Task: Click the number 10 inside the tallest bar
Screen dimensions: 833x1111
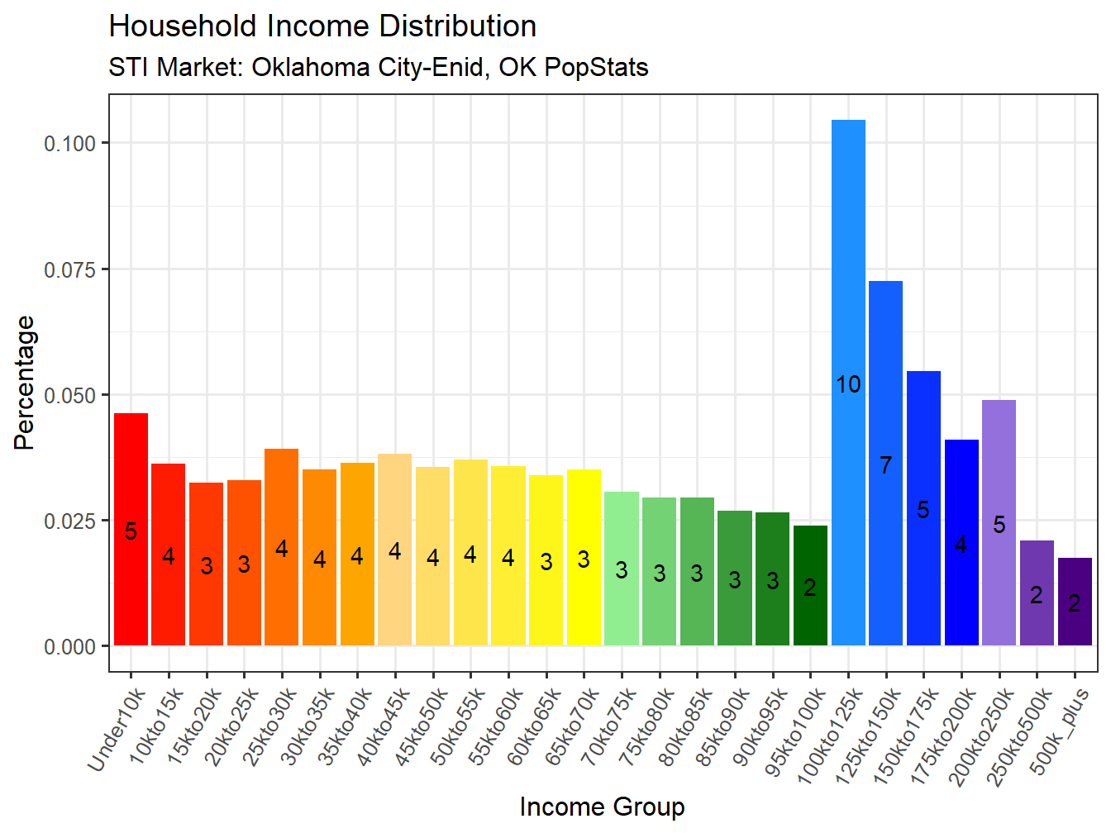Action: pyautogui.click(x=848, y=384)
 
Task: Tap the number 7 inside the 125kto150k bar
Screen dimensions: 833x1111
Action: pyautogui.click(x=885, y=465)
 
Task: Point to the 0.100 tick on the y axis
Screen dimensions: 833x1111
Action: pyautogui.click(x=70, y=144)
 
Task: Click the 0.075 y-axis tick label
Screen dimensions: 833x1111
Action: pyautogui.click(x=70, y=269)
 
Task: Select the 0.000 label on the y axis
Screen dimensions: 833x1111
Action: pyautogui.click(x=70, y=647)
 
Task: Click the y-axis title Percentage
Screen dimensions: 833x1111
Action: pyautogui.click(x=25, y=383)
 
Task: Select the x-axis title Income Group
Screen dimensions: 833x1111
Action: pyautogui.click(x=602, y=807)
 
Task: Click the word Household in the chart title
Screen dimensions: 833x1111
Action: pyautogui.click(x=184, y=26)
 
